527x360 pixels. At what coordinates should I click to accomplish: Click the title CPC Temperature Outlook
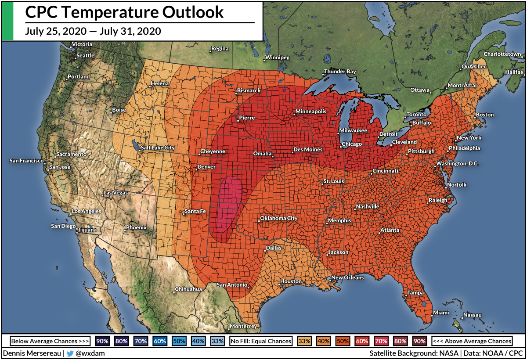[124, 12]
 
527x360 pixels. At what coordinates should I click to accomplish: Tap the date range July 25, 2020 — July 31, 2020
[93, 31]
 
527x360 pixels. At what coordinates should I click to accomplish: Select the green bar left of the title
[7, 21]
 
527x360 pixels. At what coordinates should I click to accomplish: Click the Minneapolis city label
[311, 112]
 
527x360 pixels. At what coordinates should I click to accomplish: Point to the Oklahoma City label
[279, 218]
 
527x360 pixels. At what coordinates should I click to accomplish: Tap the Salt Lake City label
[158, 148]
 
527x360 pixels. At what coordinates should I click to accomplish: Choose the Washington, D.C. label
[457, 164]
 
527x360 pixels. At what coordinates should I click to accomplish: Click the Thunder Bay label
[340, 72]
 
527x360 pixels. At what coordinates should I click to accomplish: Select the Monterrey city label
[243, 327]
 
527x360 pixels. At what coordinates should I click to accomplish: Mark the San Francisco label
[26, 161]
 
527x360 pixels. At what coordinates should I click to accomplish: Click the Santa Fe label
[195, 212]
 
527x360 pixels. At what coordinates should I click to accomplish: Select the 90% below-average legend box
[102, 341]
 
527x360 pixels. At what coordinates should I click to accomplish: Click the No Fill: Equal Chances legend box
[261, 341]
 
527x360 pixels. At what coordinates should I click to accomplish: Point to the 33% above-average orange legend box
[304, 341]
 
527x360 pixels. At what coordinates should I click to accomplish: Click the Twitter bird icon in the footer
[70, 353]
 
